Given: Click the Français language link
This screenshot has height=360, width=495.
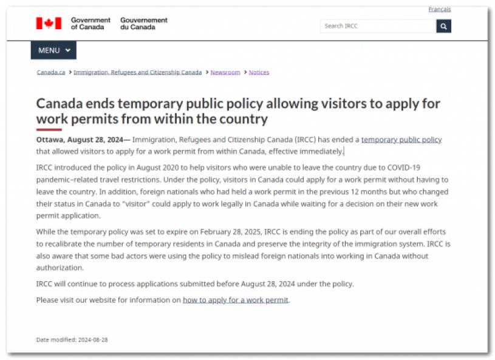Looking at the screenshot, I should pyautogui.click(x=439, y=9).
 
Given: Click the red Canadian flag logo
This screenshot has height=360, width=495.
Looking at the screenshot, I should pyautogui.click(x=49, y=24).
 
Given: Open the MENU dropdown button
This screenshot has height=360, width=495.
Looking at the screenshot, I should pyautogui.click(x=53, y=50).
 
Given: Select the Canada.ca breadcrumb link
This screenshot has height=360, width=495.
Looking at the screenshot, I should pyautogui.click(x=51, y=72).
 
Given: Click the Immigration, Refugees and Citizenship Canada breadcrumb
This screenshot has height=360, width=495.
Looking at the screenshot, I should pyautogui.click(x=137, y=72).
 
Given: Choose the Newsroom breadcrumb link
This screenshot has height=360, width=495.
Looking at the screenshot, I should pyautogui.click(x=225, y=72).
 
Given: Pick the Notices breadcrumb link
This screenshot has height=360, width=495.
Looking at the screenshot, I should pyautogui.click(x=259, y=72).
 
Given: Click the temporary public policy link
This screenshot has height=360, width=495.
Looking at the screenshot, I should pyautogui.click(x=401, y=140).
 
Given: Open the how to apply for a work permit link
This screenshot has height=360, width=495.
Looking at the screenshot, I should pyautogui.click(x=236, y=300).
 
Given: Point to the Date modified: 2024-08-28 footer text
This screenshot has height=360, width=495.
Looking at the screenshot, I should pyautogui.click(x=72, y=339).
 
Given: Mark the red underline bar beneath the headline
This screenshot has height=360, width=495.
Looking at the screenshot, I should pyautogui.click(x=49, y=129).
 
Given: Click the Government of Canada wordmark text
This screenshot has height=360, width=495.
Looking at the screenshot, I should pyautogui.click(x=90, y=24).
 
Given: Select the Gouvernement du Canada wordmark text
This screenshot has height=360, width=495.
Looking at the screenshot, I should pyautogui.click(x=144, y=24).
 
